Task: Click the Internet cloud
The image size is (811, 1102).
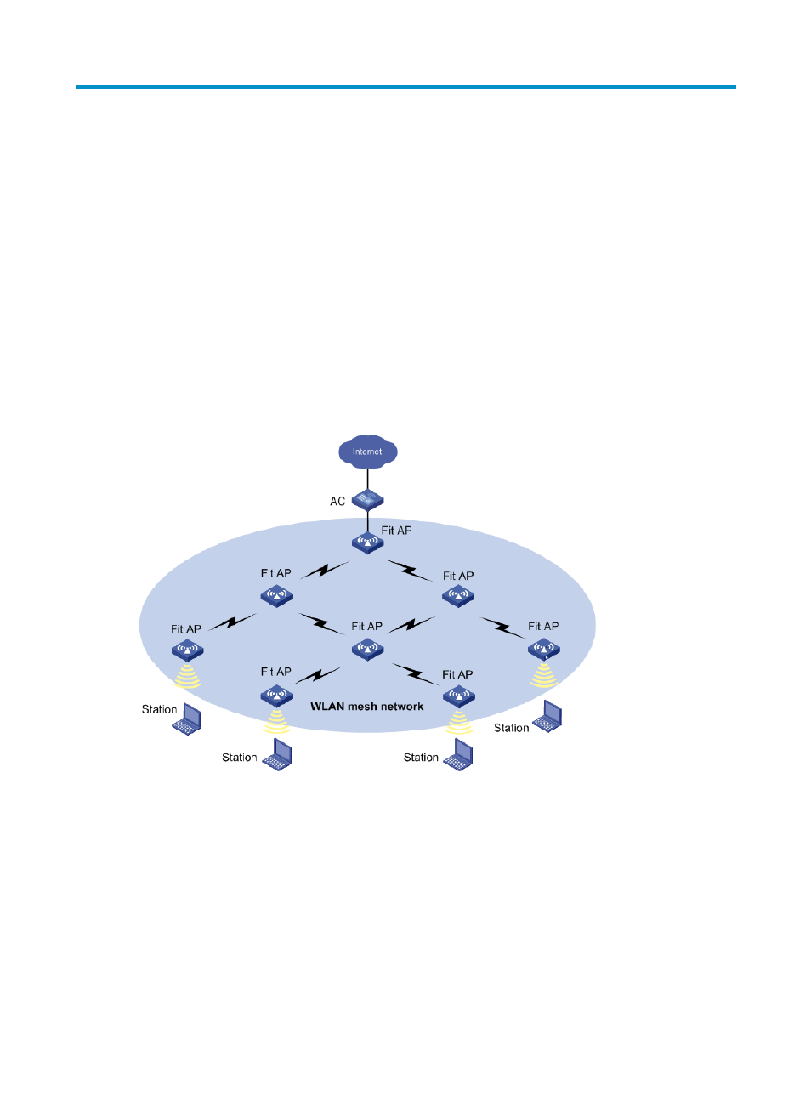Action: [367, 452]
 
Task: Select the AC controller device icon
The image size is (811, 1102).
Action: [367, 500]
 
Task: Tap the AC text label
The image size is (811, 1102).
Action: [337, 502]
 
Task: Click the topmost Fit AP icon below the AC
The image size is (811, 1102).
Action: [367, 542]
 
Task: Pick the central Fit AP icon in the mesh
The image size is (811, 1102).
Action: [367, 650]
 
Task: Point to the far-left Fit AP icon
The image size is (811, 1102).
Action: [187, 650]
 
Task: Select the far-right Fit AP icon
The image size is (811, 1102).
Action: [543, 650]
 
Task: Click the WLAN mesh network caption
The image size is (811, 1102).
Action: [367, 707]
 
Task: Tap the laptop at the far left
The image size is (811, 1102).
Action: [187, 719]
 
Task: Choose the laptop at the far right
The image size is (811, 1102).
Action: [547, 716]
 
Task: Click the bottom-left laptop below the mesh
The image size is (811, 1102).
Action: [277, 754]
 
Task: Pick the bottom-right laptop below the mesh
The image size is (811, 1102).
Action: [458, 754]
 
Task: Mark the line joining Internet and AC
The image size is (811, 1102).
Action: [367, 480]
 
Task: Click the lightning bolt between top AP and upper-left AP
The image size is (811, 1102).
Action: [325, 570]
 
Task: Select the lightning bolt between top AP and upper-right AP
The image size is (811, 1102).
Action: [410, 571]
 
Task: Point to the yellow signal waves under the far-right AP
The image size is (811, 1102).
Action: [543, 675]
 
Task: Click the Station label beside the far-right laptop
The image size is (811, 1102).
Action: [512, 728]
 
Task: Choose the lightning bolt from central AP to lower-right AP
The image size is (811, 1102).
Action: [416, 674]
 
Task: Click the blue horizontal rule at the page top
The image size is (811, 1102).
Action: [405, 87]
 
